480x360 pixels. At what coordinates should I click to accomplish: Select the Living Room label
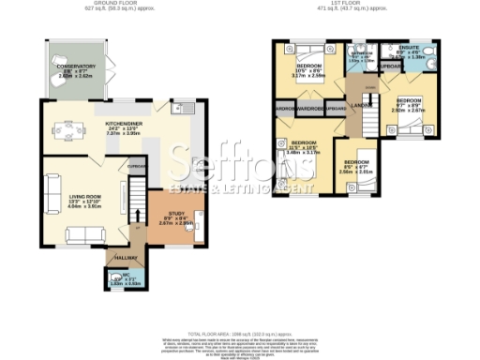pyautogui.click(x=83, y=197)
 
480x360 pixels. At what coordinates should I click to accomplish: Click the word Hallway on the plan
pyautogui.click(x=126, y=256)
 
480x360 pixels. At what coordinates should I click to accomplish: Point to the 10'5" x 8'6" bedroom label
pyautogui.click(x=309, y=67)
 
